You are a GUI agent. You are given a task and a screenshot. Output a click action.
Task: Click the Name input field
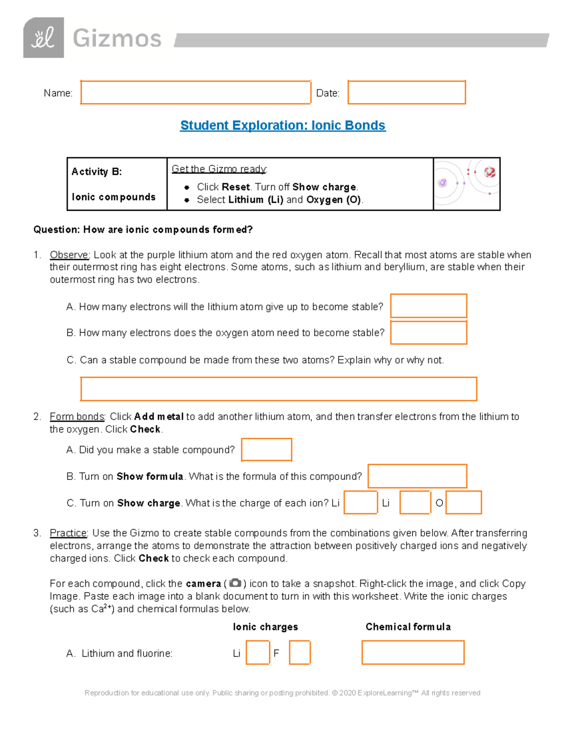click(195, 92)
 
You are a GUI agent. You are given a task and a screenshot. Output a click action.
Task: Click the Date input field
click(407, 92)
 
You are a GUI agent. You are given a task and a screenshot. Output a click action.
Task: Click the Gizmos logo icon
click(43, 38)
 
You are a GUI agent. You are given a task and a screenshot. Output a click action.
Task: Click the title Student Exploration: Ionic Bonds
click(283, 125)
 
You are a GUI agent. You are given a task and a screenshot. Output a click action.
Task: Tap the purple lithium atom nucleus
click(442, 183)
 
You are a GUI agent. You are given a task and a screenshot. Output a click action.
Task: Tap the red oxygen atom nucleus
click(490, 172)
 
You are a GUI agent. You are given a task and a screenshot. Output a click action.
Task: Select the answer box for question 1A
click(428, 306)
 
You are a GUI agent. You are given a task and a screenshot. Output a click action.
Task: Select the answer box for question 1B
click(428, 333)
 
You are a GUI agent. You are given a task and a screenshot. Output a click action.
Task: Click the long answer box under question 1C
click(278, 389)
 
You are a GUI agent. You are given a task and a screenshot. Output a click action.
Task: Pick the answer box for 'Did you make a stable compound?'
click(266, 450)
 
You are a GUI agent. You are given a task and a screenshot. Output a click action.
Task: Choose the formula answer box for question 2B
click(417, 476)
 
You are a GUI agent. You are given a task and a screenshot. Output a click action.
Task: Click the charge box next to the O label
click(464, 502)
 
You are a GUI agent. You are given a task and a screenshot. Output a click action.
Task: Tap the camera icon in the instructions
click(234, 584)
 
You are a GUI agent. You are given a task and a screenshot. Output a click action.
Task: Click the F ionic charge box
click(300, 653)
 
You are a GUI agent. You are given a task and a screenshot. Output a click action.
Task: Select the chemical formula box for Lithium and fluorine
click(413, 653)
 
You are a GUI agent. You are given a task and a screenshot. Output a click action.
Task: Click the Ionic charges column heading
click(265, 627)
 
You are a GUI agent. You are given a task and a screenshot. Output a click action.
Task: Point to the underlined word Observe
click(69, 255)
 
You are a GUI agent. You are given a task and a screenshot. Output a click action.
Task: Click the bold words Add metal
click(158, 417)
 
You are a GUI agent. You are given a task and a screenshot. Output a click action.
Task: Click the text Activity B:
click(97, 172)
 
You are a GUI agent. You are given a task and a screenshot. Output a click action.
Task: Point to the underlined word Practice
click(68, 533)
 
